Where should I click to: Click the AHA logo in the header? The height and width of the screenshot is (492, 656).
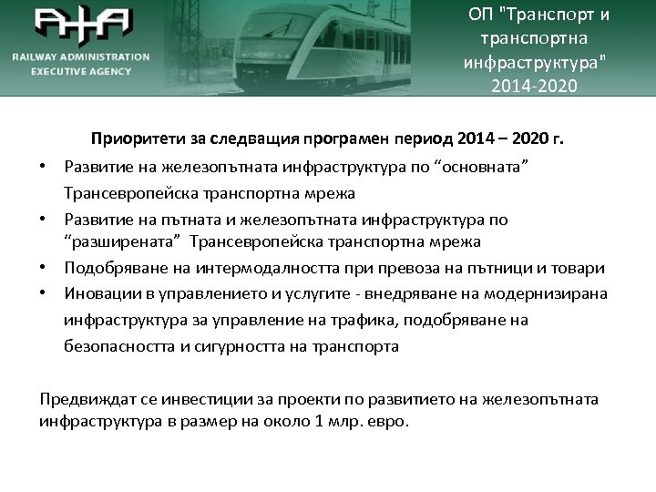(x=83, y=25)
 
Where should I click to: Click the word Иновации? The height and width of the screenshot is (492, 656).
(x=98, y=293)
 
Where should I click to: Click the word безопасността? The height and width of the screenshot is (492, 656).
(x=120, y=346)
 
